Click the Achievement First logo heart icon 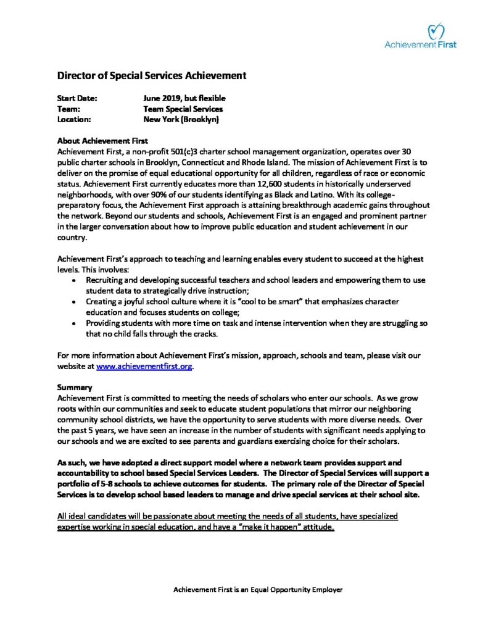coord(436,30)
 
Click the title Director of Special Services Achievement coord(152,75)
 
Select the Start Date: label coord(77,98)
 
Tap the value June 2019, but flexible coord(184,98)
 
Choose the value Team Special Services coord(183,109)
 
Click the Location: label coord(74,119)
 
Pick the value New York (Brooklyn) coord(181,119)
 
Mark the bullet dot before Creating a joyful coord(75,302)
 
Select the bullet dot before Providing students coord(75,323)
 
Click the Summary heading coord(75,388)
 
